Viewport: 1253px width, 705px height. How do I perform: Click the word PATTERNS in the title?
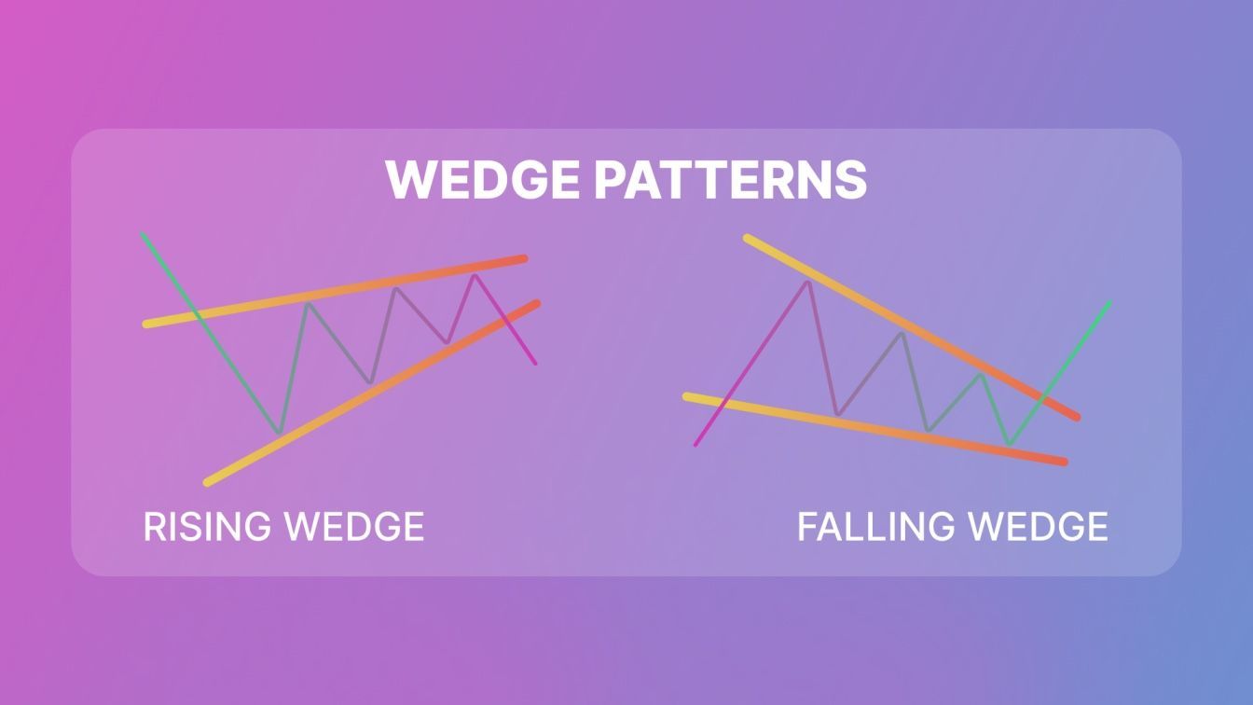tap(730, 179)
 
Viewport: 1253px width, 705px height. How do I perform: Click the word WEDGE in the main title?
tap(483, 179)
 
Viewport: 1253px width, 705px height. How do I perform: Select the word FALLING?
tap(875, 527)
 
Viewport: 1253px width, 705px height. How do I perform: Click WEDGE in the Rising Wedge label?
tap(354, 527)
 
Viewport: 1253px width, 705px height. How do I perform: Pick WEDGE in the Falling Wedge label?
tap(1038, 527)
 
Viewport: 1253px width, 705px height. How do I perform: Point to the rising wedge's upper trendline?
tap(335, 292)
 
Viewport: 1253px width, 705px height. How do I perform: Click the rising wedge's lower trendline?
tap(372, 394)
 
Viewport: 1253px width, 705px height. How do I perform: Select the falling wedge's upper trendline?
tap(912, 327)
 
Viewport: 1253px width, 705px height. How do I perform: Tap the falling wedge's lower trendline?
tap(875, 430)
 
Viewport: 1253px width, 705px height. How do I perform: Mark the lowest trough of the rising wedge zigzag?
tap(279, 433)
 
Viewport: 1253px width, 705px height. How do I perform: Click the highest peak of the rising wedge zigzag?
tap(475, 275)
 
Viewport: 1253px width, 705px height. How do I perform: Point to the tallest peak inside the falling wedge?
tap(807, 282)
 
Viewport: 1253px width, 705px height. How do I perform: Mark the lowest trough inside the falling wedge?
tap(1009, 444)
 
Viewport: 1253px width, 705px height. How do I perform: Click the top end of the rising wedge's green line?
tap(142, 233)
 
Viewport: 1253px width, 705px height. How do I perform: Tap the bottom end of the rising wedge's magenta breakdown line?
tap(535, 365)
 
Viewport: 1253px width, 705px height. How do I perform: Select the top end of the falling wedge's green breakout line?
tap(1109, 303)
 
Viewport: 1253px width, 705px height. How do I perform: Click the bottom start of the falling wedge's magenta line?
tap(695, 446)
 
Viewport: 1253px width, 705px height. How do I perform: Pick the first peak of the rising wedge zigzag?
tap(308, 303)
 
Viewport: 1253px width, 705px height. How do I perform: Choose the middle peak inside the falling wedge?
tap(902, 334)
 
